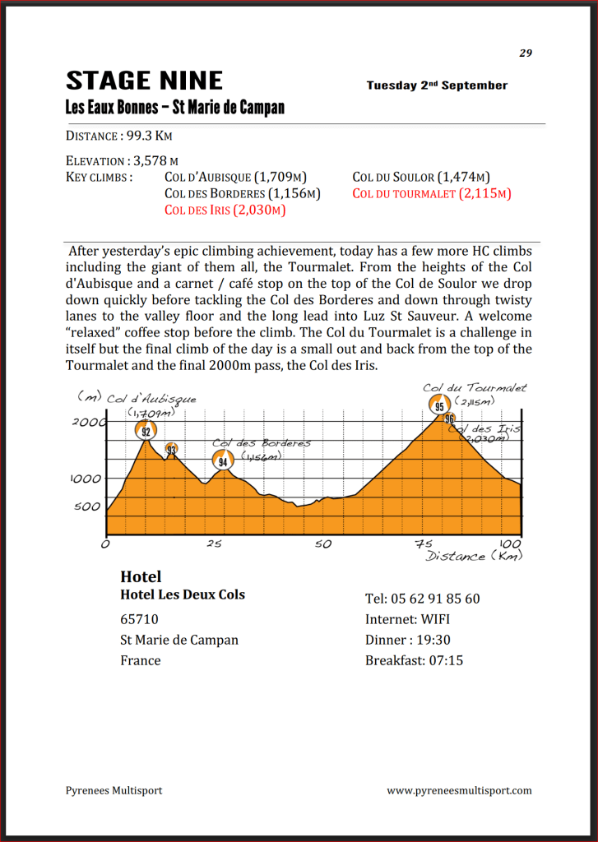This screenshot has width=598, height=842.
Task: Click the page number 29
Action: coord(526,53)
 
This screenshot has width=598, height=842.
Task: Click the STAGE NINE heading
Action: coord(144,81)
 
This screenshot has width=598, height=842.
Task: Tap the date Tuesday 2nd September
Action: coord(437,86)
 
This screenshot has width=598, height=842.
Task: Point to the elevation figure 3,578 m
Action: coord(156,161)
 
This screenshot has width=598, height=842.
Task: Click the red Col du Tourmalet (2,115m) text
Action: coord(432,194)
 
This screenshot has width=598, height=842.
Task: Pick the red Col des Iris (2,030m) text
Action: coord(225,210)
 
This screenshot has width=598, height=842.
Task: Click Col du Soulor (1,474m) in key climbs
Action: coord(421,177)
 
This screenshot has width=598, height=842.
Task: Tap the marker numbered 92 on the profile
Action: coord(146,431)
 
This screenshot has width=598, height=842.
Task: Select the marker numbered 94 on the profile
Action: coord(222,461)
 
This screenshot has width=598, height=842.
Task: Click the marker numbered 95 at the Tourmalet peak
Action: coord(439,405)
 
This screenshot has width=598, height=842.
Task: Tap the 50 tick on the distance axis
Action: coord(322,544)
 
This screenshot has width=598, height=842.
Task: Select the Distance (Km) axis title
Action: coord(473,557)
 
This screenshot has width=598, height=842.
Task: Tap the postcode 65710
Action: coord(140,619)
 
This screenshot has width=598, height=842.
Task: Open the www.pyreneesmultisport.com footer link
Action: coord(459,790)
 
